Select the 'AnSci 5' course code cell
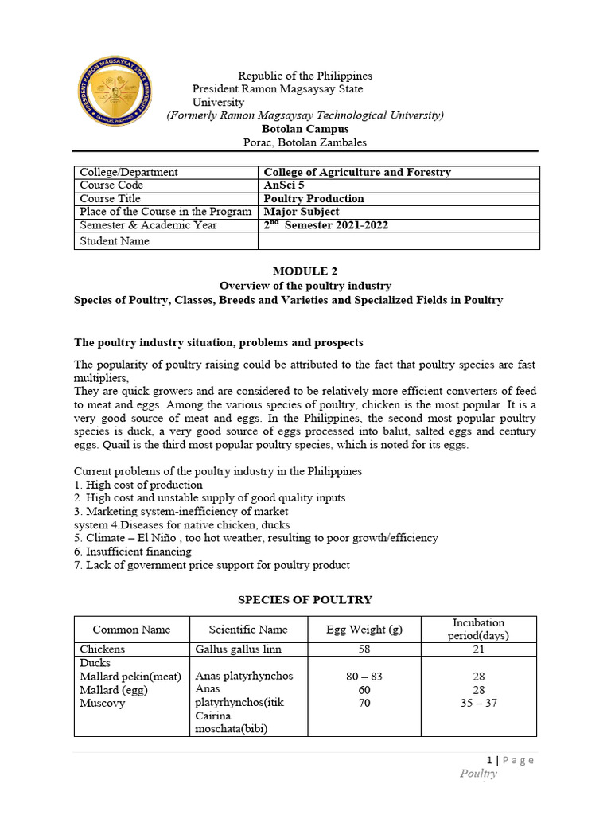pyautogui.click(x=284, y=185)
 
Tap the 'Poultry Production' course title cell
pyautogui.click(x=313, y=199)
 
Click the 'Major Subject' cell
pyautogui.click(x=301, y=212)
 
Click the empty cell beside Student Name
pyautogui.click(x=399, y=241)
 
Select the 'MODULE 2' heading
pyautogui.click(x=305, y=271)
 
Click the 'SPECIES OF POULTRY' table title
pyautogui.click(x=305, y=600)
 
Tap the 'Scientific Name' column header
pyautogui.click(x=248, y=630)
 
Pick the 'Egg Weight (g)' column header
pyautogui.click(x=364, y=630)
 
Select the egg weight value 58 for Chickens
pyautogui.click(x=364, y=649)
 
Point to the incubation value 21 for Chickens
pyautogui.click(x=478, y=649)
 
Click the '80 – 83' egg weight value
pyautogui.click(x=364, y=677)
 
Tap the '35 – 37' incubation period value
pyautogui.click(x=478, y=704)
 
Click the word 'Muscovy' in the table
pyautogui.click(x=103, y=704)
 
